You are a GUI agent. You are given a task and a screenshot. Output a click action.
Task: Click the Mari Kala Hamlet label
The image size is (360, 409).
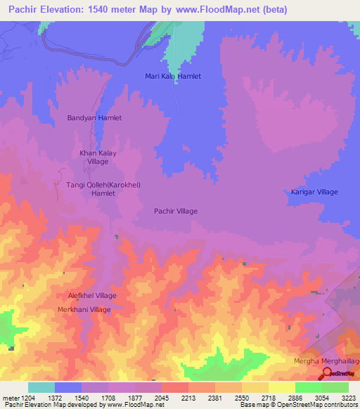point(173,76)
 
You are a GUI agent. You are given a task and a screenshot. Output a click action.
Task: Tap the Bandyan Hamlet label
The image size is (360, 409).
point(94,118)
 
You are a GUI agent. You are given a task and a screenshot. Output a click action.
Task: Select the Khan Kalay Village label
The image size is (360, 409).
point(97,157)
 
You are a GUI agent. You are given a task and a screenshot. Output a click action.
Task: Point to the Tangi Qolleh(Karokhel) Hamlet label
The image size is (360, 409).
point(103,188)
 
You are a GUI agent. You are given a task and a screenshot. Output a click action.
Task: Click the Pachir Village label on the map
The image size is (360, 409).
point(176,211)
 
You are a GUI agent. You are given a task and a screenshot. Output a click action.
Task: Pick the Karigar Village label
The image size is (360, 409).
point(314,192)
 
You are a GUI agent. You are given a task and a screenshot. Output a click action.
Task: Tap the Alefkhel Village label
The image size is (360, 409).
point(92,296)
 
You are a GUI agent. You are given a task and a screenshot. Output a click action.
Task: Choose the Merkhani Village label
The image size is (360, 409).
point(84,309)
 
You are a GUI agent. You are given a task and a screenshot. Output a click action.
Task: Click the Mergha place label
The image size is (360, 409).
point(306,361)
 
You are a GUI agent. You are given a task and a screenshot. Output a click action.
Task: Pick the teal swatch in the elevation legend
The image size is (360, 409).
point(41,387)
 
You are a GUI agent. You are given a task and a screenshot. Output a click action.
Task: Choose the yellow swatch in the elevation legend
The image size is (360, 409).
point(281,387)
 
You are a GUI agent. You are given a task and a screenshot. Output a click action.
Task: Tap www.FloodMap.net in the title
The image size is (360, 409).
point(209,10)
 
